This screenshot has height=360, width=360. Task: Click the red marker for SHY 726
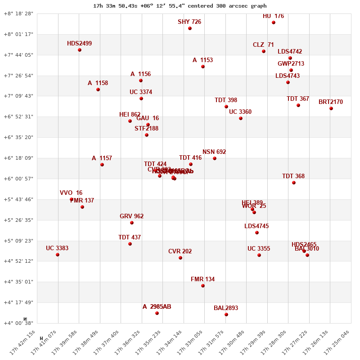(x=190, y=28)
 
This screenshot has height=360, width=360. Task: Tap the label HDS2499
(x=79, y=44)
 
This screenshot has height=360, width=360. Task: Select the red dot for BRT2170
(x=331, y=108)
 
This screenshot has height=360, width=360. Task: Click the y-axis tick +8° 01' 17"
(x=18, y=34)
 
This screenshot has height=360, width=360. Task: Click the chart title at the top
(x=180, y=6)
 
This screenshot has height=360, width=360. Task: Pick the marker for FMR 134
(x=203, y=286)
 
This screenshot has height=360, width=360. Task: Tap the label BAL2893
(x=226, y=308)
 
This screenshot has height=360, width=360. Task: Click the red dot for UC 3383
(x=58, y=255)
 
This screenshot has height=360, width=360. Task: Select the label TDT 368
(x=293, y=176)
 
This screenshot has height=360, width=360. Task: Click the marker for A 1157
(x=102, y=165)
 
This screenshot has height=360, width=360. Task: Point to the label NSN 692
(x=214, y=152)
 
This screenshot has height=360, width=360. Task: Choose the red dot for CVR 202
(x=180, y=258)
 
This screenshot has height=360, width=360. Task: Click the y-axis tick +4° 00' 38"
(x=18, y=323)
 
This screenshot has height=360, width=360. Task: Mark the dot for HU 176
(x=274, y=22)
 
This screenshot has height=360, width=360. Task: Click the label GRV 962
(x=131, y=216)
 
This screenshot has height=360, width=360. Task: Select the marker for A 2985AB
(x=157, y=313)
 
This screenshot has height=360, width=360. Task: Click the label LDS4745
(x=256, y=226)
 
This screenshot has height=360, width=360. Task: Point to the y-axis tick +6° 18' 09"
(x=18, y=158)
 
